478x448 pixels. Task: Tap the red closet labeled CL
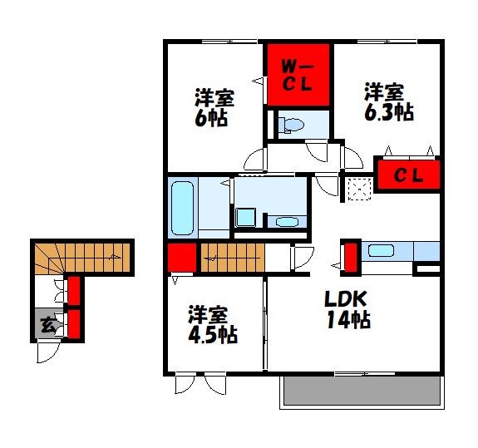click(407, 175)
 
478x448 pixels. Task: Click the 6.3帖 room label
click(387, 102)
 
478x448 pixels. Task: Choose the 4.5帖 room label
click(211, 325)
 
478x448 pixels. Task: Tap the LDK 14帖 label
click(346, 308)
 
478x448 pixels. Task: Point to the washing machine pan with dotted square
click(359, 190)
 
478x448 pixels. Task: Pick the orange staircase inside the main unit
click(232, 258)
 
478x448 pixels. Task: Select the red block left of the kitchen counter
click(350, 257)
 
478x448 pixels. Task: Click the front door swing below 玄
click(47, 352)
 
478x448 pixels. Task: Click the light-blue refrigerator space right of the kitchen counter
click(426, 251)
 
